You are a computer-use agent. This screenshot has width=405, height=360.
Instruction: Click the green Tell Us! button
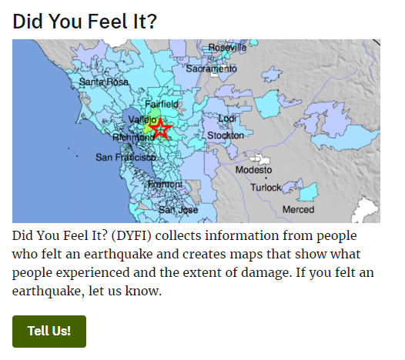tap(49, 332)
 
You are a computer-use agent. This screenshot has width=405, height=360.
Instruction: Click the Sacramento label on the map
tap(211, 68)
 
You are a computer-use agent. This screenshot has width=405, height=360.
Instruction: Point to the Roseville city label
tap(227, 48)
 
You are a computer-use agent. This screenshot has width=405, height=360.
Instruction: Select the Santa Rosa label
tap(104, 82)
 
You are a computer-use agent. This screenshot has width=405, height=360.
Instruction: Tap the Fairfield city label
tap(162, 104)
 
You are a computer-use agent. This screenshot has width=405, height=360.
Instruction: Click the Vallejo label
tap(142, 120)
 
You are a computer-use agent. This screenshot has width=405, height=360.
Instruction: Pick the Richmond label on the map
tap(133, 137)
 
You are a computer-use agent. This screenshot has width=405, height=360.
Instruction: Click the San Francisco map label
tap(126, 157)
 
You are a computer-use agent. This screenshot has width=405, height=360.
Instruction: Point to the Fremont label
tap(166, 184)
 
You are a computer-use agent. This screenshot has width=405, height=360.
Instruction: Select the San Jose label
tap(178, 209)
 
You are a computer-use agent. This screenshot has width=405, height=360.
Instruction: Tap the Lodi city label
tap(227, 118)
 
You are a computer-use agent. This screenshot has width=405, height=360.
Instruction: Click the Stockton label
tap(226, 135)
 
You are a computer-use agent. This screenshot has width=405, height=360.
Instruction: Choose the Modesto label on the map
tap(253, 170)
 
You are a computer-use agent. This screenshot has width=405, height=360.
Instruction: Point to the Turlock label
tap(266, 188)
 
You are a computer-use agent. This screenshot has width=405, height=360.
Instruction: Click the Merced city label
tap(298, 209)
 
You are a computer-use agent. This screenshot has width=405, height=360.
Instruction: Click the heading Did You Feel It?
tap(85, 22)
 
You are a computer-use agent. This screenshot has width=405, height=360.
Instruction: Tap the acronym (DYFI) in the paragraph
tap(131, 235)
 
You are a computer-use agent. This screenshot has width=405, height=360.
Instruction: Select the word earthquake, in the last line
tap(49, 291)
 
